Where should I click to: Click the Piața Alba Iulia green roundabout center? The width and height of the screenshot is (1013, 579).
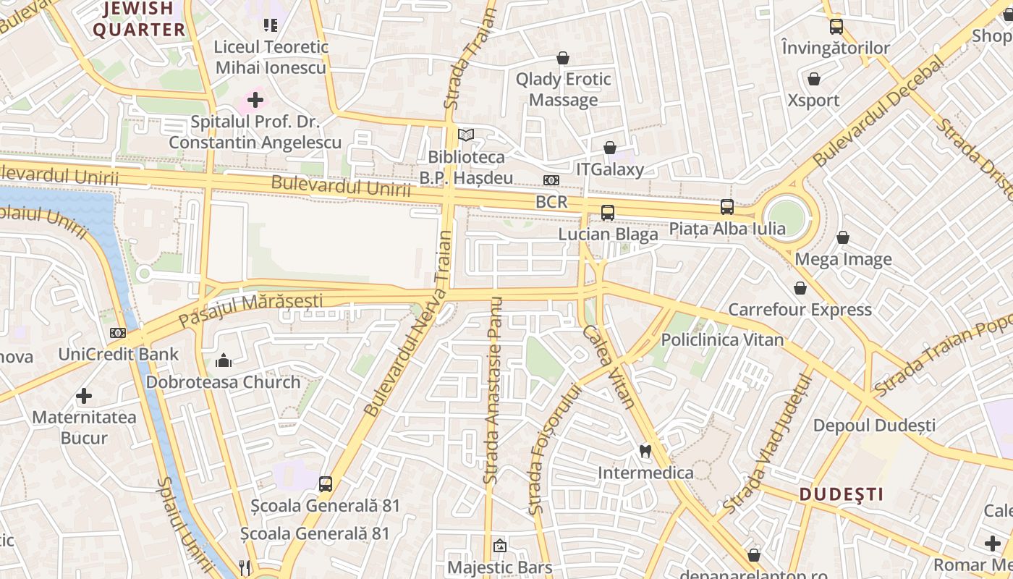[x=787, y=216]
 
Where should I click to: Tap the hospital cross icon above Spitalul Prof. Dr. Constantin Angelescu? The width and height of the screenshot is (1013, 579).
[x=255, y=99]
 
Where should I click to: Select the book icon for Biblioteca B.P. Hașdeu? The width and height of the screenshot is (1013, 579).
[x=467, y=135]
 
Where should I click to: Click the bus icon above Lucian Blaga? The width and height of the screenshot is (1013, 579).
[x=608, y=213]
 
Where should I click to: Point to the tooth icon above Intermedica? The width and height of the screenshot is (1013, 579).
[x=645, y=451]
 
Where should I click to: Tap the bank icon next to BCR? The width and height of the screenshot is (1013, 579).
[x=551, y=180]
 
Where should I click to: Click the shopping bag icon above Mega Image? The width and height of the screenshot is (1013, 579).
[x=843, y=237]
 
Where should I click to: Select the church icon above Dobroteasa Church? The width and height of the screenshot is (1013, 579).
[x=224, y=360]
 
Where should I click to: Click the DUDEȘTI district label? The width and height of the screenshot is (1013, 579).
[x=842, y=494]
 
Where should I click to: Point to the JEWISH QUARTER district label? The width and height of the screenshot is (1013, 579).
[x=139, y=20]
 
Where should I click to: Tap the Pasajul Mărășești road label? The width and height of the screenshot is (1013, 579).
[x=250, y=310]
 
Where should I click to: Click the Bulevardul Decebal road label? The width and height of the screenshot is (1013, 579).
[x=878, y=111]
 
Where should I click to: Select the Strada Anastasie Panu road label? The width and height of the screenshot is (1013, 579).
[x=493, y=391]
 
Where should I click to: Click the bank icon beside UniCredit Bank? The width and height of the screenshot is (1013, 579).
[x=118, y=333]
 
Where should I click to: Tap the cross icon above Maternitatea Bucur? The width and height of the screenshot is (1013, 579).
[x=84, y=396]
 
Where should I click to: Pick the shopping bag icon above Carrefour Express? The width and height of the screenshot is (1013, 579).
[x=800, y=288]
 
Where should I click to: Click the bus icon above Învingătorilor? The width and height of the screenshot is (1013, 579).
[x=836, y=27]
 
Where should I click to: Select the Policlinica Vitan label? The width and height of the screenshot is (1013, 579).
[x=722, y=339]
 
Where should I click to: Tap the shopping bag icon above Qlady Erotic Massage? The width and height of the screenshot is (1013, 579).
[x=563, y=58]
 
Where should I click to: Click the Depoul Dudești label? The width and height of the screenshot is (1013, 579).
[x=874, y=425]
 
